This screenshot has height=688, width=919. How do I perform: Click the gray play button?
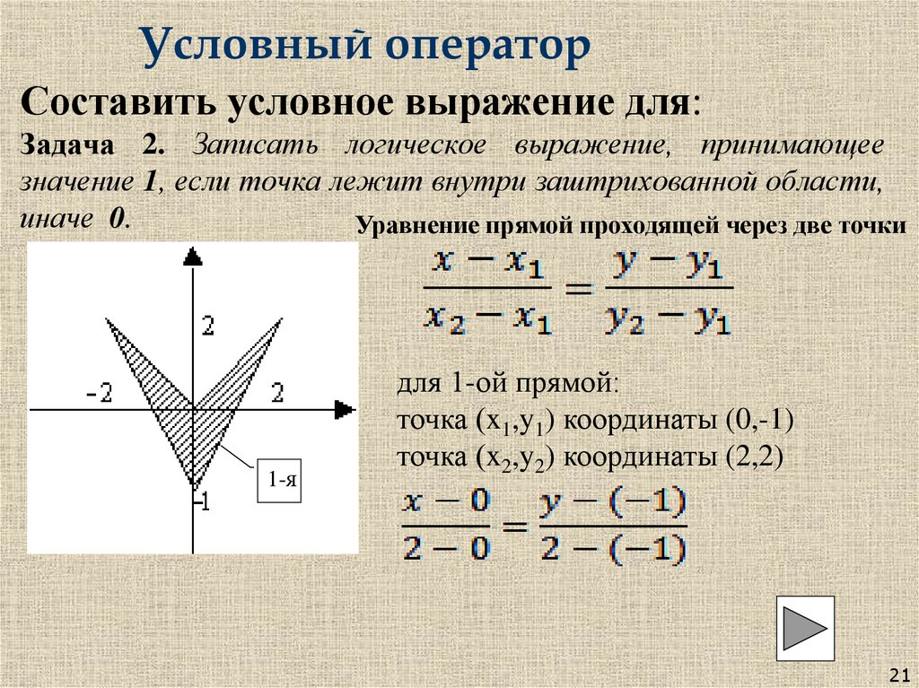click(805, 628)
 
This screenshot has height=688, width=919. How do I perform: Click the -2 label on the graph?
click(99, 393)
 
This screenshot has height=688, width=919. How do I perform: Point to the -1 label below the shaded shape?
click(202, 502)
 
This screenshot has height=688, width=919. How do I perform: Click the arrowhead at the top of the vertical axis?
click(192, 256)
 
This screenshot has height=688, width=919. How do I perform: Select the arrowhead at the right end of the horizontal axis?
click(345, 410)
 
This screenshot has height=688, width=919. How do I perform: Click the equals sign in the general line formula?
click(579, 290)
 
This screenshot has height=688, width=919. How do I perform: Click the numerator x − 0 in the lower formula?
click(446, 505)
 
